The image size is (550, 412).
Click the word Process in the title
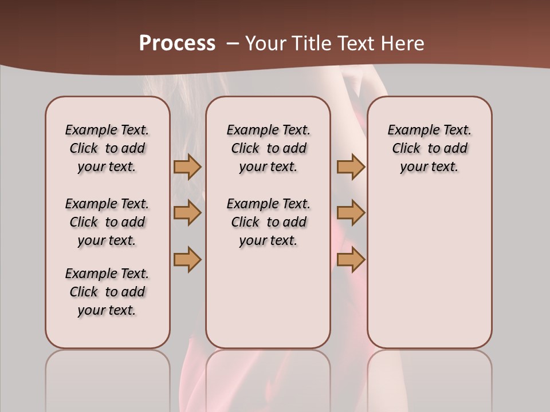click(x=177, y=43)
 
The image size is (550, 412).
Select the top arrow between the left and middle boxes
click(x=187, y=167)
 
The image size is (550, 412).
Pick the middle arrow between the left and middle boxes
click(x=187, y=213)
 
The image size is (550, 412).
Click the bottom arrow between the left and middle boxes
click(x=187, y=260)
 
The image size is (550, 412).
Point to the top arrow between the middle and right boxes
click(x=351, y=167)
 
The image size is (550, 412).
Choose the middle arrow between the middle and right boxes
click(x=351, y=213)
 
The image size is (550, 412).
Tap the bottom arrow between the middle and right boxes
click(x=351, y=260)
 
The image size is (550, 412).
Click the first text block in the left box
click(x=107, y=148)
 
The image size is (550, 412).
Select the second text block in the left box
click(x=107, y=222)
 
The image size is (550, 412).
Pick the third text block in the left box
click(x=107, y=292)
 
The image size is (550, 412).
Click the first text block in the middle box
click(x=269, y=148)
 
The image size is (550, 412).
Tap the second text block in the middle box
click(x=269, y=222)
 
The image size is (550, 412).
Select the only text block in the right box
click(x=430, y=148)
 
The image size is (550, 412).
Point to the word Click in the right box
click(x=406, y=149)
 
